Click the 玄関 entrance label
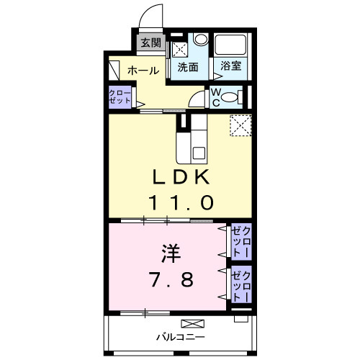tap(151, 43)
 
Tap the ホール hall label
tap(143, 71)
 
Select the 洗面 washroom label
tap(188, 67)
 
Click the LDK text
tap(181, 177)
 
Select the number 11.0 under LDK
tap(181, 203)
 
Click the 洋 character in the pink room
tap(171, 254)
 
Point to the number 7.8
tap(171, 279)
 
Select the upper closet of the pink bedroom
tap(239, 243)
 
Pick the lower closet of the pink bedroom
tap(240, 285)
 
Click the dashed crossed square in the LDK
tap(240, 125)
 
